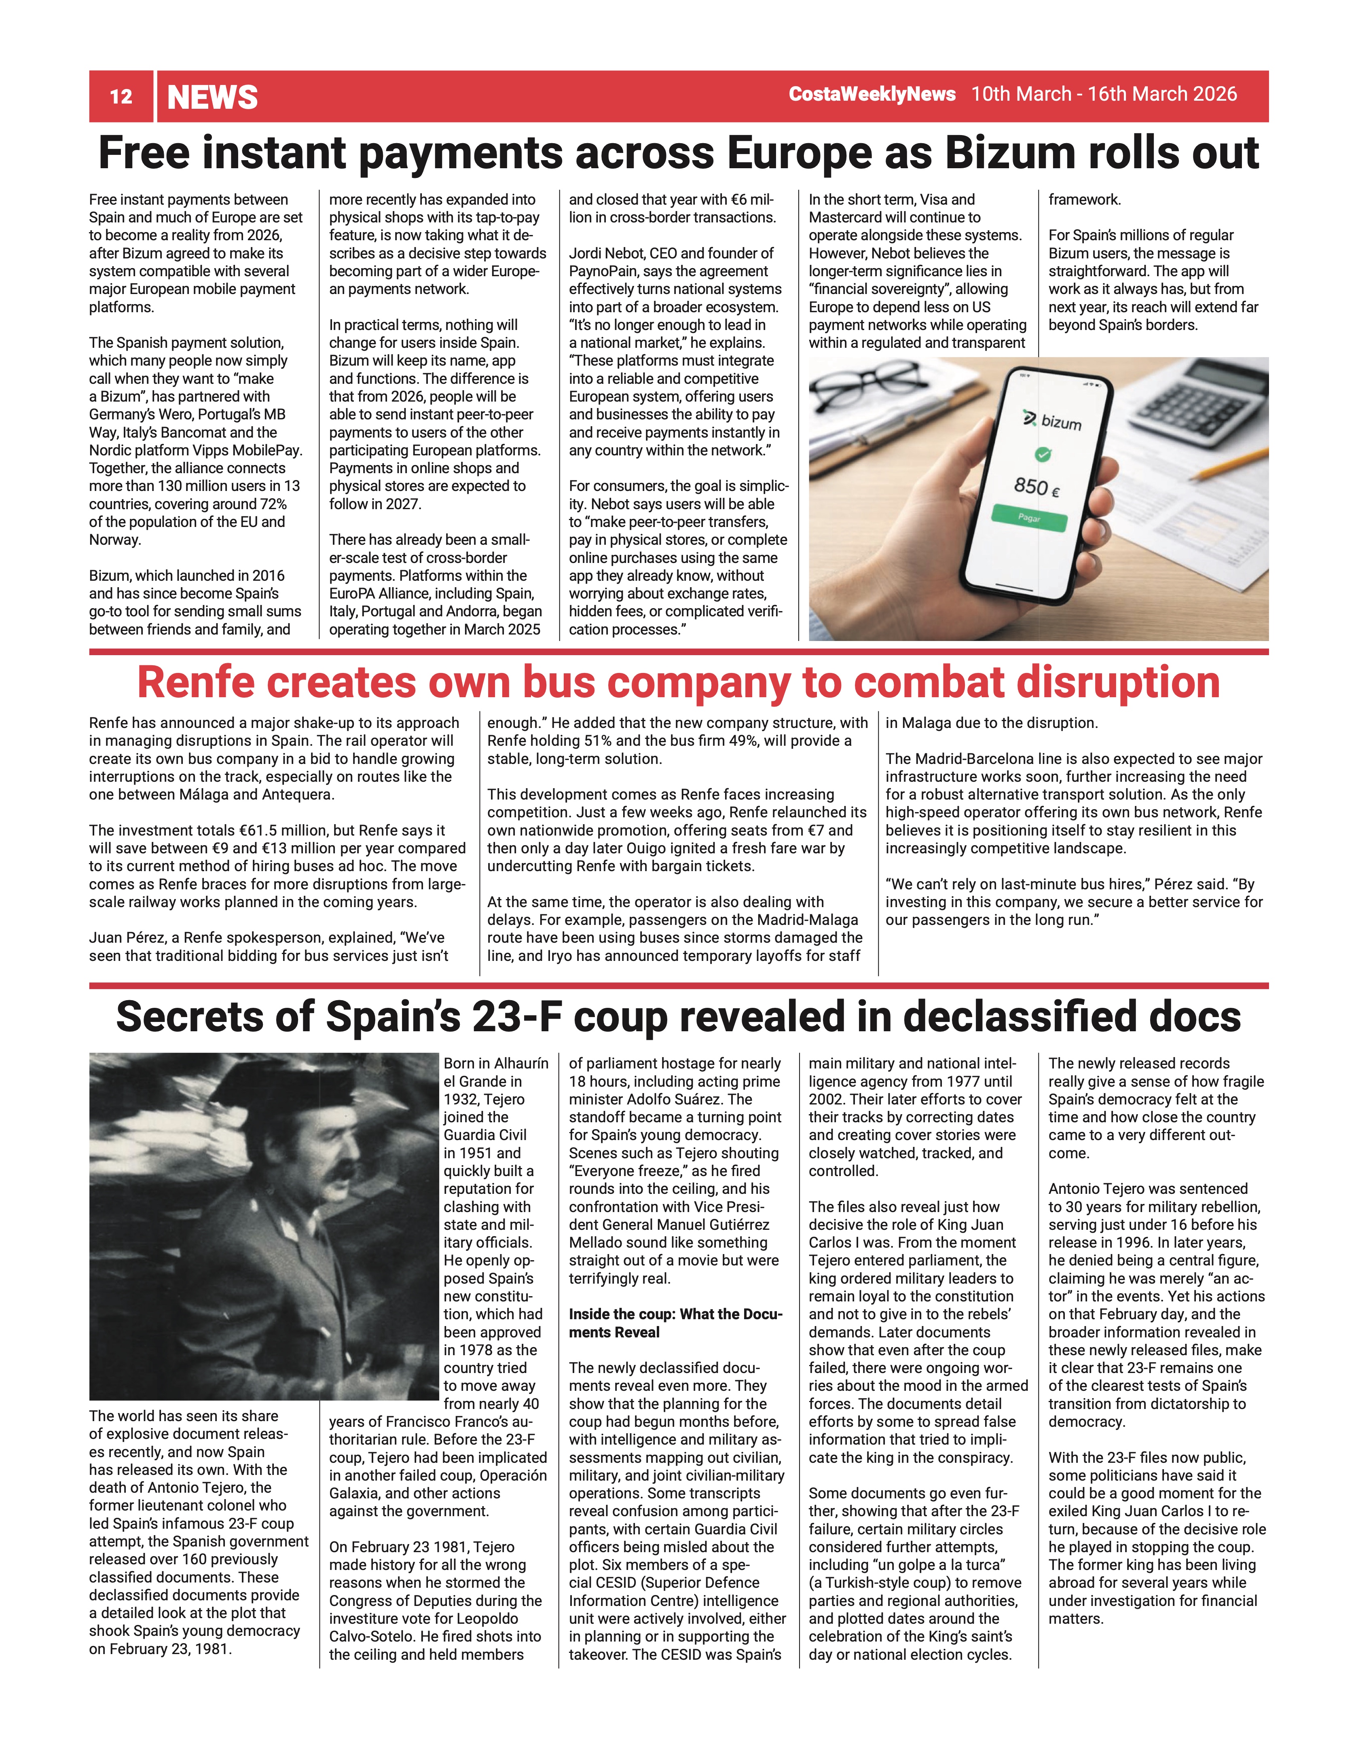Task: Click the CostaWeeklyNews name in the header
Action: coord(871,94)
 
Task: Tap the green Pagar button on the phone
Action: coord(1029,518)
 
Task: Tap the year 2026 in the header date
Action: coord(1214,94)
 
